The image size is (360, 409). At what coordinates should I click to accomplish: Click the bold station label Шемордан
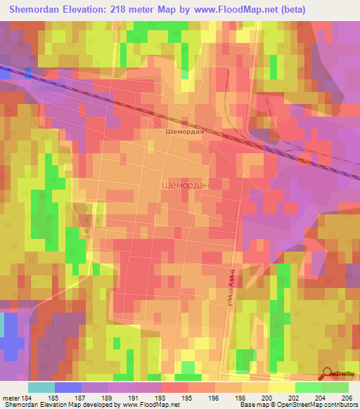(x=184, y=131)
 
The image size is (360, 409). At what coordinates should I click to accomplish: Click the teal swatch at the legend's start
(x=41, y=387)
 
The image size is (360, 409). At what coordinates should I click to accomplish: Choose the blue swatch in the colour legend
(x=68, y=387)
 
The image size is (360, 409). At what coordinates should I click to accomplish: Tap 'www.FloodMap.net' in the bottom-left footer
(x=150, y=405)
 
